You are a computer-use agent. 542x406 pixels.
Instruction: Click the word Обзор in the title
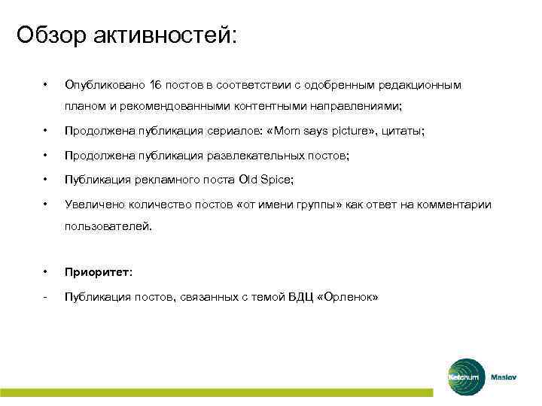pos(50,35)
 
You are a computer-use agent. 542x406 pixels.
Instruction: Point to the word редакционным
pos(425,85)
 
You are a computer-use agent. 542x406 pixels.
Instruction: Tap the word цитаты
pos(403,131)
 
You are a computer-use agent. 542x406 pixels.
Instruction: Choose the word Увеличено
pos(92,204)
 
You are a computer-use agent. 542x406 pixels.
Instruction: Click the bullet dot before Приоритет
pos(46,272)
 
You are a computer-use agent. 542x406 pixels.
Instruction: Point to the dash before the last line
pos(46,297)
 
